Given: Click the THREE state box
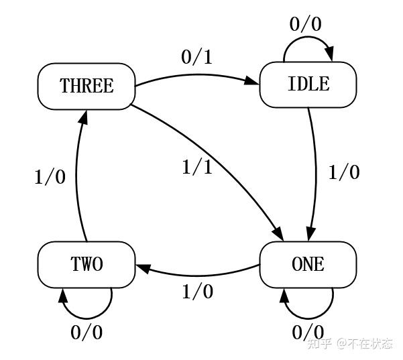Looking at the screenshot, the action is [87, 86].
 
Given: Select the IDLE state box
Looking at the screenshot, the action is [308, 84].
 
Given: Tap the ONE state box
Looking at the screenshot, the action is [308, 264].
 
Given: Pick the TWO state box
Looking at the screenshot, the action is [87, 264].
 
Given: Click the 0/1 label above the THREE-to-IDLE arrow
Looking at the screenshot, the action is [197, 57].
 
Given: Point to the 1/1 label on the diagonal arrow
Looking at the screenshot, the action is [197, 168].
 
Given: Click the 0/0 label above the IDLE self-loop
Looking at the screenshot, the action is [305, 24].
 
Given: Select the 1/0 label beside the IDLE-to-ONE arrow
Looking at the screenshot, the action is [344, 172].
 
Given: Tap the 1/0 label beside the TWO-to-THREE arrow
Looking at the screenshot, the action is [50, 177].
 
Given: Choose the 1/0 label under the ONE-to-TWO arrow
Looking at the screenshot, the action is [198, 292].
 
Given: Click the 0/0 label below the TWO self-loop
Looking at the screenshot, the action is [87, 333].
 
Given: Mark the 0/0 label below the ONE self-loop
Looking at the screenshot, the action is [308, 333].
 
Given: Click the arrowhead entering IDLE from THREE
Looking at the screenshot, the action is [252, 80].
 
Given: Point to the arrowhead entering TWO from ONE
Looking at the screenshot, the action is [143, 268].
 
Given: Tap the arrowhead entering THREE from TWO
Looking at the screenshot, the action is [84, 118].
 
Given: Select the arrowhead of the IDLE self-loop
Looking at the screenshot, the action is [330, 54].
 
